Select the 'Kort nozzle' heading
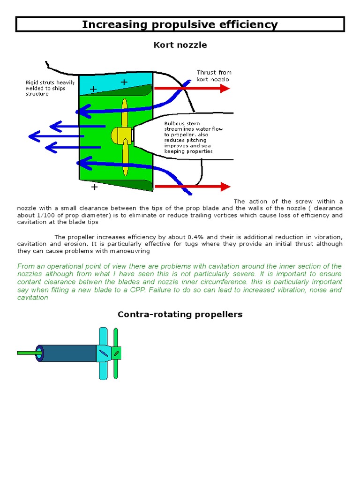coord(180,45)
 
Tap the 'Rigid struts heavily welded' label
coord(49,88)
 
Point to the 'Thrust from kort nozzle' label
coord(213,76)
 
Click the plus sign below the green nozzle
coord(94,187)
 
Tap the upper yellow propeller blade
coord(125,112)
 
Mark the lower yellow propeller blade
coord(125,160)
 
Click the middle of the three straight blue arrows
coord(56,136)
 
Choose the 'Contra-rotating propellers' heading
coord(180,314)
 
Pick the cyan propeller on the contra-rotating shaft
coord(103,353)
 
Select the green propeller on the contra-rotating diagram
coord(116,353)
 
